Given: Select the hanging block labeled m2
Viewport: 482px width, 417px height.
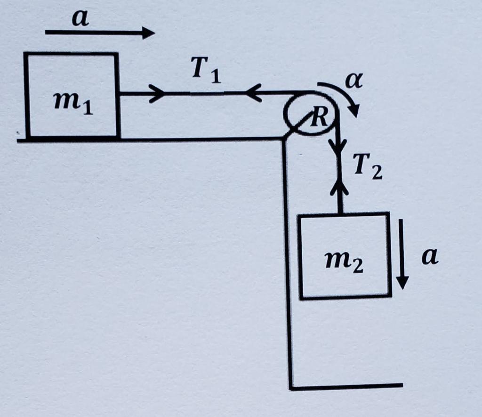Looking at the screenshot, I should [345, 255].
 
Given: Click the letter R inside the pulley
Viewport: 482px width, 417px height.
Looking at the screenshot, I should [320, 117].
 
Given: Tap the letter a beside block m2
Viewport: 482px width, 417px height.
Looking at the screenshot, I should [429, 257].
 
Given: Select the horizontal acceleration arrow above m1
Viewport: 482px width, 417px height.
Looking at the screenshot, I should [100, 33].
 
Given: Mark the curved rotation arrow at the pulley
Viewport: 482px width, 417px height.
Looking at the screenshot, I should [344, 97].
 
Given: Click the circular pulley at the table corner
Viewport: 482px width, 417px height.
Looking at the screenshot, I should [309, 114].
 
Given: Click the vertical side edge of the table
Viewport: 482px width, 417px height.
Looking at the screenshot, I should [287, 264].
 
